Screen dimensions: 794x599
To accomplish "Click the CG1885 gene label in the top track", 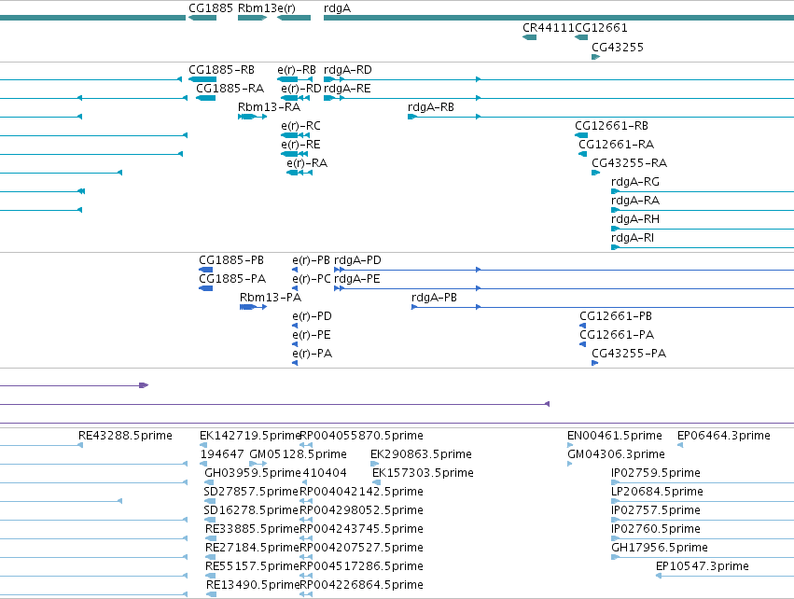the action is [x=211, y=8].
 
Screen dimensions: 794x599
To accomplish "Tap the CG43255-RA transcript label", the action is [x=630, y=163].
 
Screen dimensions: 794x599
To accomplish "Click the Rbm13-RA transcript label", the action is [x=269, y=107].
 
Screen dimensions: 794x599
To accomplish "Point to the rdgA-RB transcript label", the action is [x=431, y=107].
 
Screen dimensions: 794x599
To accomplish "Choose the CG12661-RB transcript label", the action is [x=611, y=126].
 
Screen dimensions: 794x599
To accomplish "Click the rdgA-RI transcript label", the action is [x=633, y=238].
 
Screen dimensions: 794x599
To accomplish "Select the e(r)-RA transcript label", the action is [x=307, y=163].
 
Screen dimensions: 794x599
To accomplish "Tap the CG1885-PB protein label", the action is [x=231, y=260].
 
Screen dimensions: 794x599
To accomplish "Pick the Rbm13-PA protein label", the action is [x=271, y=298].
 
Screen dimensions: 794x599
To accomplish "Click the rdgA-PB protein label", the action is [x=435, y=298].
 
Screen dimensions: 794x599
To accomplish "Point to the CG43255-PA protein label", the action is [x=629, y=354].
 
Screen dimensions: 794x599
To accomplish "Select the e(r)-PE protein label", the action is [x=312, y=335].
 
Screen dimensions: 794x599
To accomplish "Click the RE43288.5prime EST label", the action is [x=125, y=436].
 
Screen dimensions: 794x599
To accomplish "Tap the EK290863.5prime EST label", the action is [x=422, y=454].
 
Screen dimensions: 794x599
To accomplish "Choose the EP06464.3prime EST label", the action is [x=724, y=436].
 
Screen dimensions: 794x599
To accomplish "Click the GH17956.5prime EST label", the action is [x=660, y=548].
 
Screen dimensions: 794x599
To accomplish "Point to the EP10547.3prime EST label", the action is [x=703, y=566].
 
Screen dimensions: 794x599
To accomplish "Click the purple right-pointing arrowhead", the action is [x=144, y=385].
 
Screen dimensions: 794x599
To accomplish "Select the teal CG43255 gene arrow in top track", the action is [x=596, y=57].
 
